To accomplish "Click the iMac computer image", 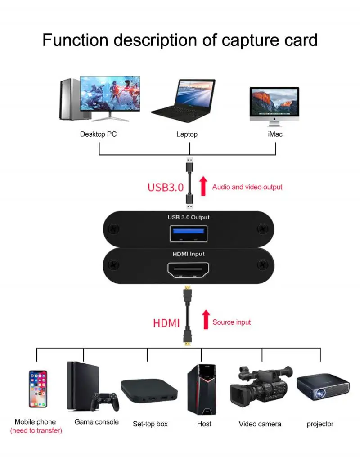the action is (x=274, y=104).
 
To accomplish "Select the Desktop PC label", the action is (x=99, y=134).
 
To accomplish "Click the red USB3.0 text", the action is (x=165, y=187).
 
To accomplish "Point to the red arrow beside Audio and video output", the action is (x=203, y=186).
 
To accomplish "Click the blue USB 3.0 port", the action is (x=188, y=234).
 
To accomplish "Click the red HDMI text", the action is (x=166, y=323).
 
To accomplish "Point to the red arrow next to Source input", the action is (x=206, y=319).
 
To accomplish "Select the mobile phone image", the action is (x=38, y=389).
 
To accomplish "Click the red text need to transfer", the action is (x=36, y=431).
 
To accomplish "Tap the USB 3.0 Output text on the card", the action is (x=188, y=217).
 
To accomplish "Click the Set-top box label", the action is (x=150, y=424).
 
